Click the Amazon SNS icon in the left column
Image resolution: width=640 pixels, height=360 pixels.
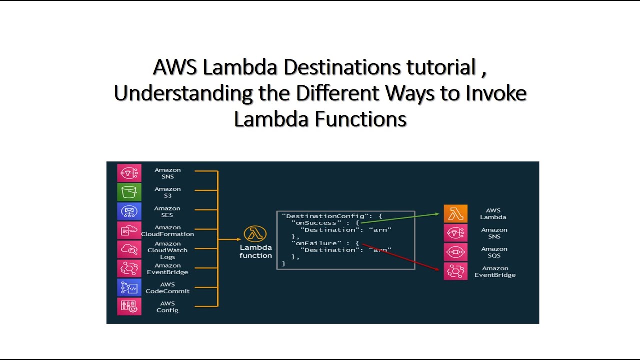(129, 173)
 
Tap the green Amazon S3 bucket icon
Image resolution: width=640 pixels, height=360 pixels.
(129, 192)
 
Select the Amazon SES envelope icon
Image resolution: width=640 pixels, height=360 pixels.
(129, 211)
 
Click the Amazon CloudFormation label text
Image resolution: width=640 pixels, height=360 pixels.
(167, 231)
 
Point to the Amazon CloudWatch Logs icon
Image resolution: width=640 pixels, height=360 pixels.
(129, 249)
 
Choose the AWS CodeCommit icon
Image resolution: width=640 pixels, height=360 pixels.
(129, 288)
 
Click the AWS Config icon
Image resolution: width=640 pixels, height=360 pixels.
(129, 306)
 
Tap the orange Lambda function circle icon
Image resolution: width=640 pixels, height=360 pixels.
(255, 234)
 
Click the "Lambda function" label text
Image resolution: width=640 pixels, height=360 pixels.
(256, 251)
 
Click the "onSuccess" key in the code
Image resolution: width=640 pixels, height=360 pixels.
(316, 223)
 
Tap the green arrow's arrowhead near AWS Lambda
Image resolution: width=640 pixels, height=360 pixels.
(437, 214)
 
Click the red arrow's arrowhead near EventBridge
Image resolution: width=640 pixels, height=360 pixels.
(439, 270)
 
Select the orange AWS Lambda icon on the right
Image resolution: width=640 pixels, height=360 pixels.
(456, 214)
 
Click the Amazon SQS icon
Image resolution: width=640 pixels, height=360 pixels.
(456, 252)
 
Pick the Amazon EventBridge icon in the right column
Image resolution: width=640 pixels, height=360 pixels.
(456, 271)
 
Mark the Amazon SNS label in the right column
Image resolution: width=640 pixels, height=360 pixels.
(494, 233)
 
